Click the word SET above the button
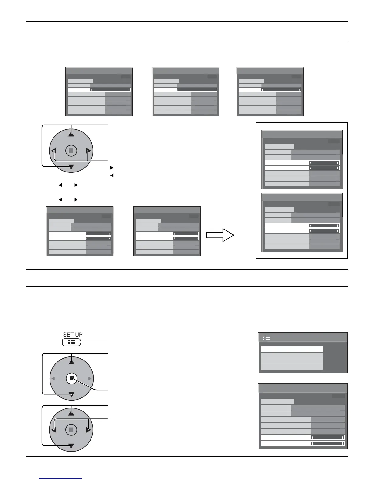tap(68, 335)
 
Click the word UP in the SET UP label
tap(78, 335)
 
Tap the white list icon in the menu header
tap(267, 338)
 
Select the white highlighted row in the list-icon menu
tap(292, 349)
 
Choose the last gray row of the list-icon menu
tap(292, 367)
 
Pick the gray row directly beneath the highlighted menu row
tap(292, 355)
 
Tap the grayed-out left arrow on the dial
tap(53, 379)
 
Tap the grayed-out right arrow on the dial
tap(89, 379)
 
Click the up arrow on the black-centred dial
tap(71, 362)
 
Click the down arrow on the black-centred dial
tap(71, 395)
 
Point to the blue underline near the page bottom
tap(60, 479)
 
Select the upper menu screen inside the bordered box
tap(302, 160)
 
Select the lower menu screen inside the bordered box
tap(302, 222)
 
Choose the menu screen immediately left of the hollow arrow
tap(167, 231)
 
